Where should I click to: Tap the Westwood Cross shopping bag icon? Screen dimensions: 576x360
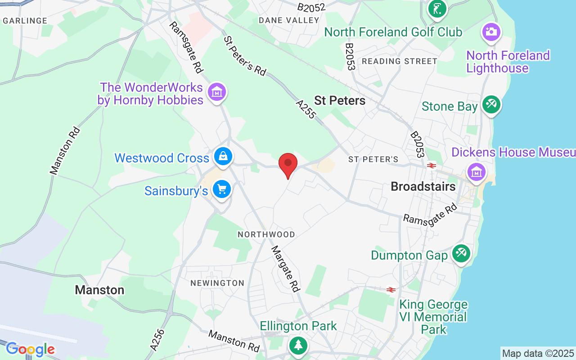pyautogui.click(x=223, y=157)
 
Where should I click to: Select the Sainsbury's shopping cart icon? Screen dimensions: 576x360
pyautogui.click(x=221, y=189)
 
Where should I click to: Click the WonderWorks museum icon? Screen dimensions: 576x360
pyautogui.click(x=217, y=92)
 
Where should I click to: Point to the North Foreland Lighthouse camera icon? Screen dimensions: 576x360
pyautogui.click(x=491, y=31)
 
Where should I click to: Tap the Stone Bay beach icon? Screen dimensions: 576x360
pyautogui.click(x=491, y=105)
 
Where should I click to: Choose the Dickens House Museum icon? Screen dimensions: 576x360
pyautogui.click(x=476, y=171)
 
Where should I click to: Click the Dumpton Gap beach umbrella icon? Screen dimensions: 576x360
pyautogui.click(x=461, y=253)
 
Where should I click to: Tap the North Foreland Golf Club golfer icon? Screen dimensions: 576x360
pyautogui.click(x=437, y=8)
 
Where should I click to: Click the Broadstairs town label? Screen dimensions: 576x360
pyautogui.click(x=423, y=186)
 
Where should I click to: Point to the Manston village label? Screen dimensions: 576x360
pyautogui.click(x=99, y=290)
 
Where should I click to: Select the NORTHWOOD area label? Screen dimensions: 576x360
pyautogui.click(x=266, y=234)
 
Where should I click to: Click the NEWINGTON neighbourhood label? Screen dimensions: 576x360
pyautogui.click(x=217, y=283)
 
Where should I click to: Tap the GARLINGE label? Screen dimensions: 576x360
pyautogui.click(x=25, y=21)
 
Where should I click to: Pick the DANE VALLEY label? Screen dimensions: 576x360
pyautogui.click(x=289, y=20)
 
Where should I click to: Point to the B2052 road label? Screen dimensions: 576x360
pyautogui.click(x=311, y=7)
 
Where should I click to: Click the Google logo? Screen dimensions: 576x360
pyautogui.click(x=30, y=349)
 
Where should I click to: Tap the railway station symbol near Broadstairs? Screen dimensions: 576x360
pyautogui.click(x=431, y=166)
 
